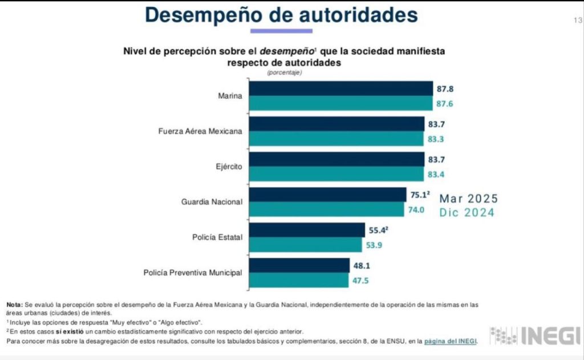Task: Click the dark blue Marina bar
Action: point(341,88)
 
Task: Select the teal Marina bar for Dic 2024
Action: point(341,103)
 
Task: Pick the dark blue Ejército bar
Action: point(337,159)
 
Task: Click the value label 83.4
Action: point(435,173)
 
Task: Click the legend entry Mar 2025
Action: point(468,199)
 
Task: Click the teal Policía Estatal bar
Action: point(306,245)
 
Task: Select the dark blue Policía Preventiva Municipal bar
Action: point(299,265)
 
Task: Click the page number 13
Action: point(577,21)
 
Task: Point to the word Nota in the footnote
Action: point(15,305)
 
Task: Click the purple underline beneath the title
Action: point(281,31)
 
